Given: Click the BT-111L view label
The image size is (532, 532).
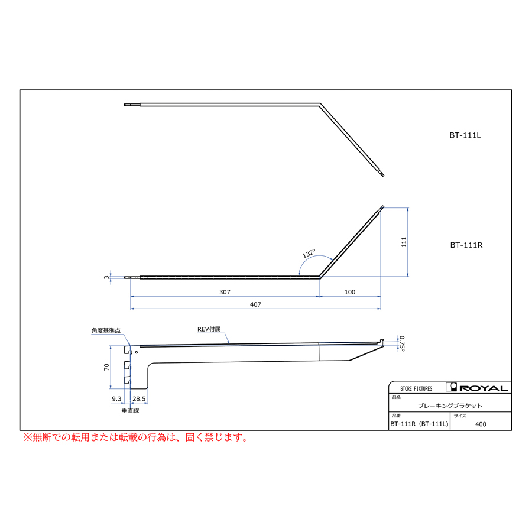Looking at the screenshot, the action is [465, 135].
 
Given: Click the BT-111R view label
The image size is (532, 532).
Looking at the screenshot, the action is [466, 245].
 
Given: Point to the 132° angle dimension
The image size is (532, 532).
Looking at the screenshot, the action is [309, 253].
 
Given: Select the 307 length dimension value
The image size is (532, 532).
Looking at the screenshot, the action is [225, 292].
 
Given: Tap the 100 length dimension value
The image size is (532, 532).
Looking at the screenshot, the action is [350, 292].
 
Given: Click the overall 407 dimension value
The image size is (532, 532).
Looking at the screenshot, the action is [255, 304].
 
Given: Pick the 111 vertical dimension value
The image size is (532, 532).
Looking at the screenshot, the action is [403, 242].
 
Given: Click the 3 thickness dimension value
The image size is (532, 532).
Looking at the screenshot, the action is [106, 277].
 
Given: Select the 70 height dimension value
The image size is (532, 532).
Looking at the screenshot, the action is [106, 366].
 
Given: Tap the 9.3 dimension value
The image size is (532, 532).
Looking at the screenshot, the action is [116, 398].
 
